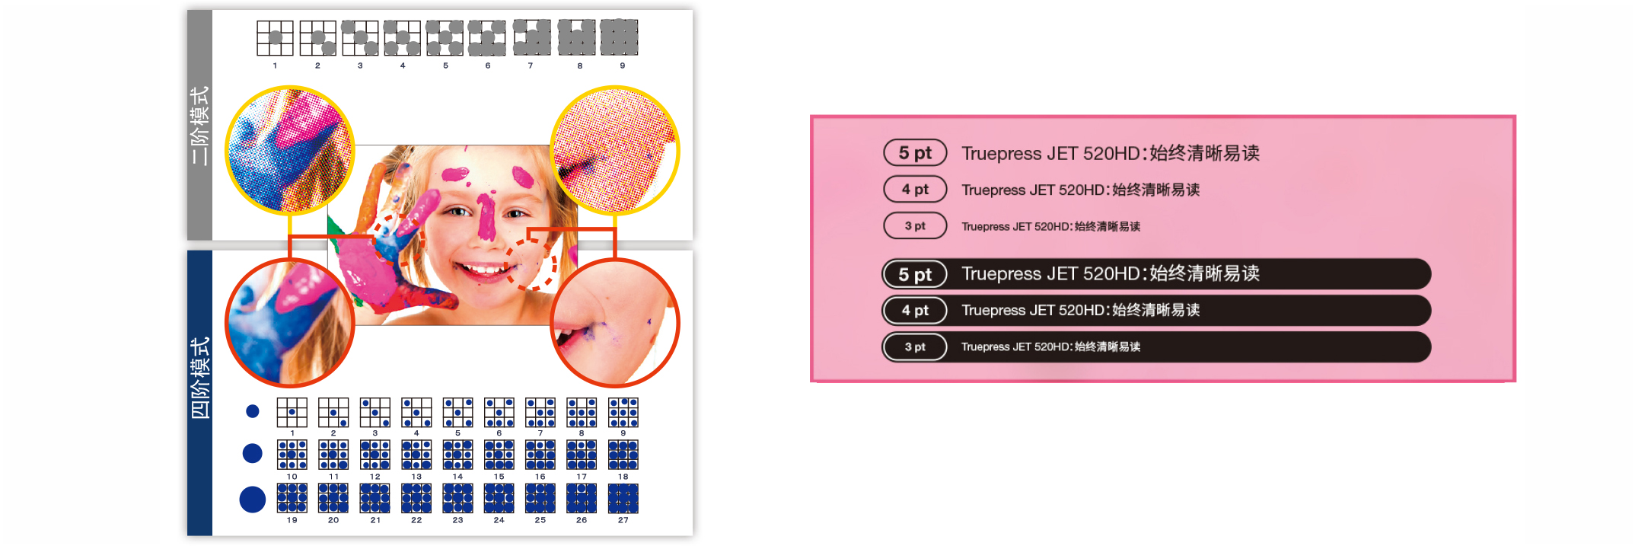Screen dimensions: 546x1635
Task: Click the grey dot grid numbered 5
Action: [445, 38]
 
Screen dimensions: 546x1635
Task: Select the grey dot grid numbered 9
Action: [619, 38]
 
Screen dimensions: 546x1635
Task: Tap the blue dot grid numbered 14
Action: [457, 455]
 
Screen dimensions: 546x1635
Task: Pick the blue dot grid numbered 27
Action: [623, 498]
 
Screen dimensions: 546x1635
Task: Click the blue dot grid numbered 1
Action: [292, 412]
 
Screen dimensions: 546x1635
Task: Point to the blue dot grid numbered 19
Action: [292, 498]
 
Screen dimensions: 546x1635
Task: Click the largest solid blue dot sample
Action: [253, 500]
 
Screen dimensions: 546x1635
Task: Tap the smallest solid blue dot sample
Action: [253, 411]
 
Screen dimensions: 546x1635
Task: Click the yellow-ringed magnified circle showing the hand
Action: [290, 151]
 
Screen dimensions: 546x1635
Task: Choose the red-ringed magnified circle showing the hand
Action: [290, 323]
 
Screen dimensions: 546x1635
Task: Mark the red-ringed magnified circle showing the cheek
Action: [614, 323]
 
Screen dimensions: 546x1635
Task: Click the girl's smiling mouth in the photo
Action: [481, 269]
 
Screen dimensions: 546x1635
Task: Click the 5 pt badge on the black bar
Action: [915, 274]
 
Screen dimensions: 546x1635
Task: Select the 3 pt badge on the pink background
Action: [915, 226]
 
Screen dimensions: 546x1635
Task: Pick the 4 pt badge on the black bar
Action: [915, 311]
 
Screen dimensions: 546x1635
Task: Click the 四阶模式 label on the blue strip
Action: [200, 378]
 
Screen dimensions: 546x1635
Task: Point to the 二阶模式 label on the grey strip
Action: [200, 126]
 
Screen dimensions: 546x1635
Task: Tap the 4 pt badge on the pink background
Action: [915, 190]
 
